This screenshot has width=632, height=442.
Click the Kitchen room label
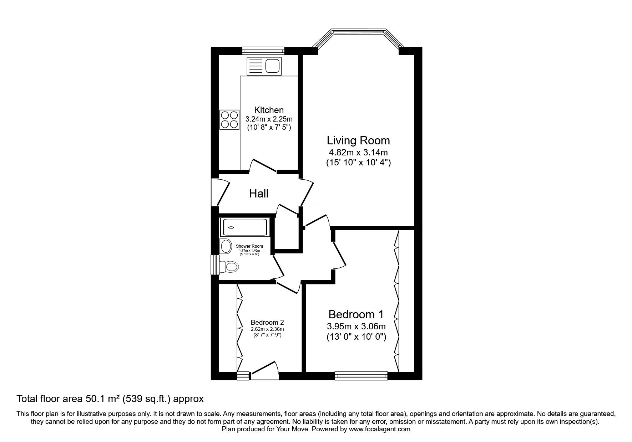[269, 110]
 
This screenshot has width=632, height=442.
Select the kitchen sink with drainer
[264, 66]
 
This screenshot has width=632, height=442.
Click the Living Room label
[358, 140]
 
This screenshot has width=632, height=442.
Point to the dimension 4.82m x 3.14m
[358, 153]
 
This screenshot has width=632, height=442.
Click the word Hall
[258, 194]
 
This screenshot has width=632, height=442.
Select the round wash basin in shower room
[226, 246]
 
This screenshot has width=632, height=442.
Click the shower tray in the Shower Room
[244, 227]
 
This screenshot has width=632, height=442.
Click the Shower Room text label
[249, 246]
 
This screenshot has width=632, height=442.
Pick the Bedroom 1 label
[356, 314]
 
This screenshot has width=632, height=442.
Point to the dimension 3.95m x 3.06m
[356, 326]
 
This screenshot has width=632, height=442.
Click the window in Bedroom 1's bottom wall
[361, 375]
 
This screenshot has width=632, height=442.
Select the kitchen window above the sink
[263, 51]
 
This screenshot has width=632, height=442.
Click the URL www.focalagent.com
[380, 429]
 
